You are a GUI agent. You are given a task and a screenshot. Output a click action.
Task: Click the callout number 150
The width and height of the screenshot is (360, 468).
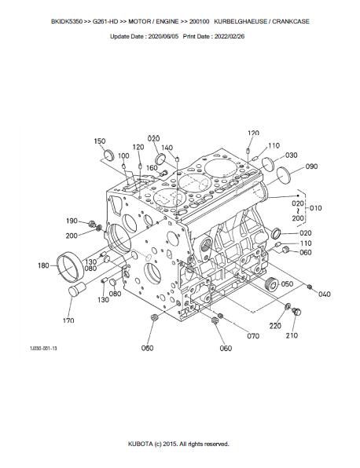point(100,141)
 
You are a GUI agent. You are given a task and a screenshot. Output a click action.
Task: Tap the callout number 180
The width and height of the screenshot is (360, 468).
point(43,265)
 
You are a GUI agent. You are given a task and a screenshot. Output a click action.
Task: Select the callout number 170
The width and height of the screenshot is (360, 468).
point(68,320)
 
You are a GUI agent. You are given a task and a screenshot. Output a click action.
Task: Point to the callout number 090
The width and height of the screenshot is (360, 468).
point(311,166)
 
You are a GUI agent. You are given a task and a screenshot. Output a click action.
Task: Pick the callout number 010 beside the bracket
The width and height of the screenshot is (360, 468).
point(316,208)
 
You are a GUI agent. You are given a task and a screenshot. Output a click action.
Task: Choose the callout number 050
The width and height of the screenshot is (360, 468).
point(287,283)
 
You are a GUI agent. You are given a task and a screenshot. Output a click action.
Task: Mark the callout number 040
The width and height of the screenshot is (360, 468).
point(325,294)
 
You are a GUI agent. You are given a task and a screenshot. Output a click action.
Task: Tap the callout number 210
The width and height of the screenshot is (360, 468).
point(292,335)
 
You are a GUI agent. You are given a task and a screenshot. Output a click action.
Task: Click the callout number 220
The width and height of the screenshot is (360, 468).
point(275,326)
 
